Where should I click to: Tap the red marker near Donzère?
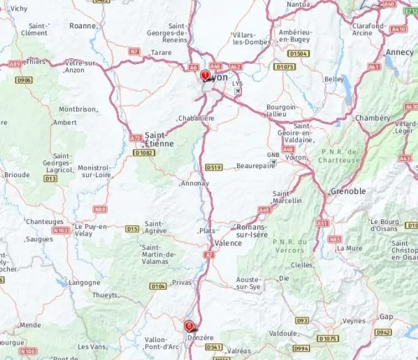coord(189,326)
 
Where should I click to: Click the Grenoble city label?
coord(348,191)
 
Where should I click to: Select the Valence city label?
coord(228,243)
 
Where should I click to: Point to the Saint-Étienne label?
coord(159,139)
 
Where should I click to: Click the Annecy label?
coord(400,52)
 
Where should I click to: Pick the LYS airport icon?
coord(238,90)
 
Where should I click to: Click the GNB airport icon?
coord(273,162)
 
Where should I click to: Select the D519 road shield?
coord(214,167)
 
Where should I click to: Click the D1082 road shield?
coord(143,152)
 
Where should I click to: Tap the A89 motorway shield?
coord(14,63)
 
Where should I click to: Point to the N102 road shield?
coord(60,231)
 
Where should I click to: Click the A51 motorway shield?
coord(323,223)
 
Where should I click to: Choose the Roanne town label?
coord(82,26)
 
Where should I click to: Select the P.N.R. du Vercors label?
coord(289,246)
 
